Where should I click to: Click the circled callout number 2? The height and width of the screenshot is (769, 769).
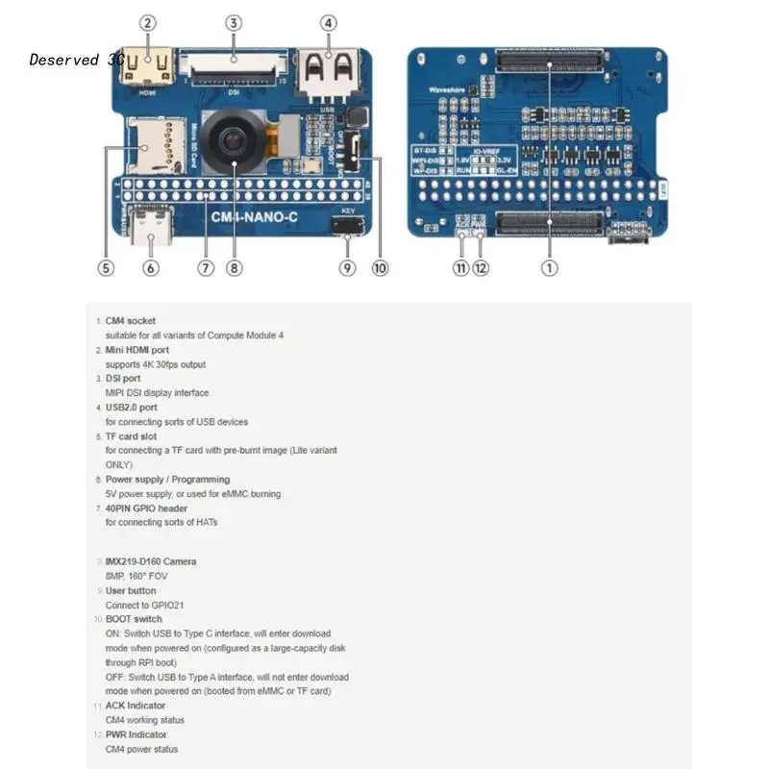point(147,22)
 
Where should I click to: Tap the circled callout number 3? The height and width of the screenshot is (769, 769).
point(234,22)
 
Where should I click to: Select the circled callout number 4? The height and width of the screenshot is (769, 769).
point(329,22)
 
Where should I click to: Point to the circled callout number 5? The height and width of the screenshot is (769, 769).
point(106,268)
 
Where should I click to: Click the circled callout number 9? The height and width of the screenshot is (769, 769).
point(347,268)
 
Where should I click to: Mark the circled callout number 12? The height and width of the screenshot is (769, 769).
point(481,268)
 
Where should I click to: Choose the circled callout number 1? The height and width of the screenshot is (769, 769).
point(549,268)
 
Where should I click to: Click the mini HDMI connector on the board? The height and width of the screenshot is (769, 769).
point(147,68)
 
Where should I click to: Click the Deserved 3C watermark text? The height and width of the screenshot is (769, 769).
point(77,60)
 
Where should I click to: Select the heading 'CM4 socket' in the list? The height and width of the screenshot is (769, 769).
point(130,321)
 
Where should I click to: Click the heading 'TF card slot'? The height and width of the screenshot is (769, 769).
point(131,436)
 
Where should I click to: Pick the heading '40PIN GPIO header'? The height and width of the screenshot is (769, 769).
point(146,509)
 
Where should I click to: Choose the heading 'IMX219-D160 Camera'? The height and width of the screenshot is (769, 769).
point(151,561)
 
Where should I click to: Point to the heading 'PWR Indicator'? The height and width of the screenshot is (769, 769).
point(136,734)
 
